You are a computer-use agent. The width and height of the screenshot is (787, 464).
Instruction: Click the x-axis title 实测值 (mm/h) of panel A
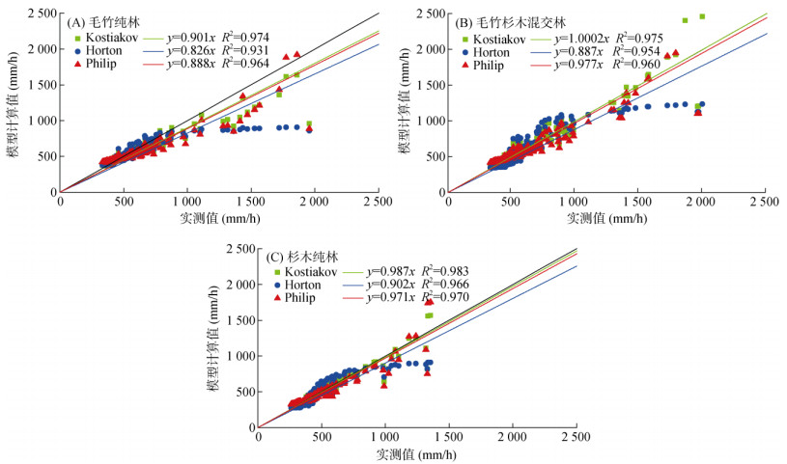[x=218, y=218]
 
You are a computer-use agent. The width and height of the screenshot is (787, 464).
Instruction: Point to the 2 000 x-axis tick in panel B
[x=702, y=203]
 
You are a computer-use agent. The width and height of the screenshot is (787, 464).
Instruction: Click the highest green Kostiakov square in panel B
[x=702, y=16]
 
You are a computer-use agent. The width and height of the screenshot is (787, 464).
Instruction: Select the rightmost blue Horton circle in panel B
[x=702, y=104]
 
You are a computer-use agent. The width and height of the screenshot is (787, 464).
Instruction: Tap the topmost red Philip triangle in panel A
[x=297, y=54]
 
